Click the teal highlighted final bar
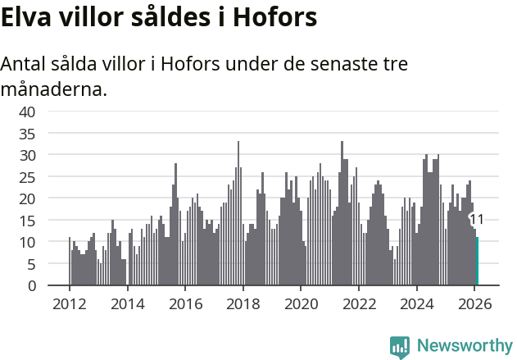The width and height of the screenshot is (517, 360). pos(477,262)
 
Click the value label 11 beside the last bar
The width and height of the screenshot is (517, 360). pos(476,220)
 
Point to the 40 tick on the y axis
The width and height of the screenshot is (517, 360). pos(27,112)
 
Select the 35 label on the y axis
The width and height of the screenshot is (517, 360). pos(27,133)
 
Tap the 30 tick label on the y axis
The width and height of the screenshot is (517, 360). pos(27,155)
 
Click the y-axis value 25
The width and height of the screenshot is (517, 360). pos(27,176)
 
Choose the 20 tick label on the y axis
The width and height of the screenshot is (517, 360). pos(27,198)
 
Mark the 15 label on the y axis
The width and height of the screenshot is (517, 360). pos(27,221)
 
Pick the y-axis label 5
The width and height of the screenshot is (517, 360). pos(31,264)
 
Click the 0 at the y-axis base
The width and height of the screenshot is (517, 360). pos(31,286)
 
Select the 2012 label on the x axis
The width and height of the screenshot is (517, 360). pos(69,303)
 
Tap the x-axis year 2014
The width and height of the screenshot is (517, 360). pos(127,303)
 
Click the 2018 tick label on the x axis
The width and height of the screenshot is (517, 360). pos(243,303)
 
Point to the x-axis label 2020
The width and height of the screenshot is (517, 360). pos(301,303)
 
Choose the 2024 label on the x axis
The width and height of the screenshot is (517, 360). pos(416,303)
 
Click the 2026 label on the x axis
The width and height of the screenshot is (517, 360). pos(474,303)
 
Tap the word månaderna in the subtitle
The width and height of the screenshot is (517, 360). pos(54,89)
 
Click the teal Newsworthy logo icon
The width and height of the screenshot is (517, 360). pos(400,347)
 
